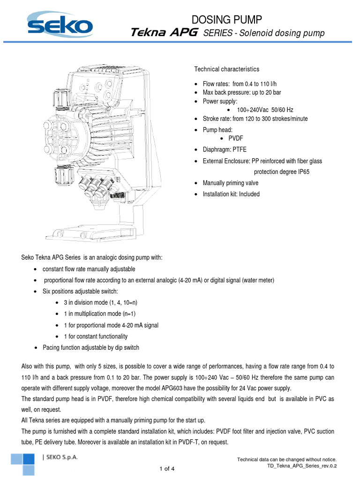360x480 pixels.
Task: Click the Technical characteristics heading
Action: point(226,69)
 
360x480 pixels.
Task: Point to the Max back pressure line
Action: point(241,92)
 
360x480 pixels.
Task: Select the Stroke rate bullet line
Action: point(255,119)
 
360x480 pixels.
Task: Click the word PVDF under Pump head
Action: point(236,139)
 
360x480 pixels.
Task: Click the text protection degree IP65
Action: point(281,172)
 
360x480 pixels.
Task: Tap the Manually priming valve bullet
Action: point(230,183)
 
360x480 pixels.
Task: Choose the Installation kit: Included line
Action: point(231,194)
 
